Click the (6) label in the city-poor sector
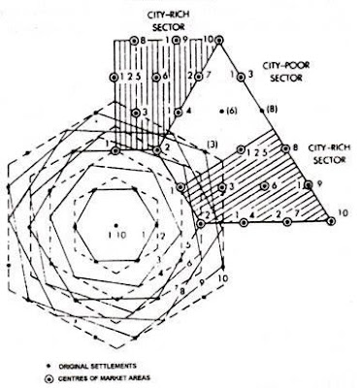click(232, 112)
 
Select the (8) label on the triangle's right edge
click(272, 109)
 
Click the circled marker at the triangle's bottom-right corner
click(333, 222)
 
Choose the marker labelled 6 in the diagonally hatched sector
click(261, 185)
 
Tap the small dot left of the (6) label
click(220, 112)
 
